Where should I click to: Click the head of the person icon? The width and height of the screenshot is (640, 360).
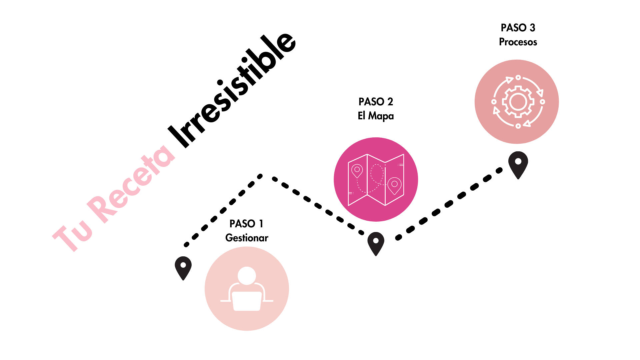[x=247, y=276]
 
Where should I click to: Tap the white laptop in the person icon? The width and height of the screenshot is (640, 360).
[x=247, y=301]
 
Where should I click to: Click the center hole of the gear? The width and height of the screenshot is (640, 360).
[x=518, y=102]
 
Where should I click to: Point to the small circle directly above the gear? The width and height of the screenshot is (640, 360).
[x=518, y=77]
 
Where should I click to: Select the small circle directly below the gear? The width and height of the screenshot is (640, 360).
[x=518, y=126]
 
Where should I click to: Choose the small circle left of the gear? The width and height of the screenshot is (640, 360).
[x=494, y=102]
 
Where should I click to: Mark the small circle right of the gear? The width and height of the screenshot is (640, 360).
[x=542, y=102]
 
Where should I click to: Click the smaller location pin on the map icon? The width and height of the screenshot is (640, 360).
[x=357, y=170]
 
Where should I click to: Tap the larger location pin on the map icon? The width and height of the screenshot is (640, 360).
[x=394, y=185]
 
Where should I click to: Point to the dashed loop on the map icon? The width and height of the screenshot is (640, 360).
[x=377, y=173]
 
